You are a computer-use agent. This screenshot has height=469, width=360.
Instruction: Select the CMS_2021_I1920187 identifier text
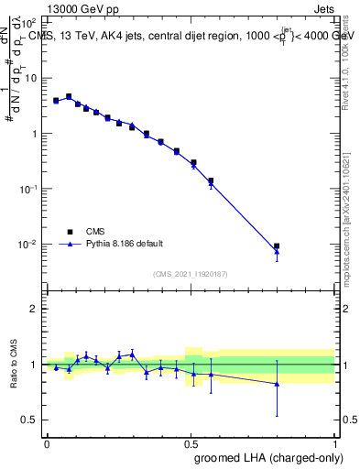[x=190, y=274]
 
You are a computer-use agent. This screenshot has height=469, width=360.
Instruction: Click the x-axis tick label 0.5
[x=191, y=442]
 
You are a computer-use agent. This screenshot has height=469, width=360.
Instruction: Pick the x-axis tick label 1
[x=334, y=442]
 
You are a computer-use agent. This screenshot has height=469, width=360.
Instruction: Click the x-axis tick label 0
[x=47, y=442]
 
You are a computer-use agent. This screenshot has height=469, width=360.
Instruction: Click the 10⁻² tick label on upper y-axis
[x=27, y=245]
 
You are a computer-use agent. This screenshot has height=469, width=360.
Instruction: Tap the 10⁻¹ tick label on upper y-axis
[x=27, y=189]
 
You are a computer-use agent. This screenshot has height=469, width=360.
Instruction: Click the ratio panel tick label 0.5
[x=29, y=420]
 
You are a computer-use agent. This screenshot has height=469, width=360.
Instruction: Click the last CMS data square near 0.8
[x=277, y=246]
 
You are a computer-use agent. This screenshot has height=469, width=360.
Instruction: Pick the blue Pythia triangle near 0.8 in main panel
[x=277, y=252]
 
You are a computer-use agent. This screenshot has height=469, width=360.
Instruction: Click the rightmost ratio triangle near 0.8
[x=277, y=384]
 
